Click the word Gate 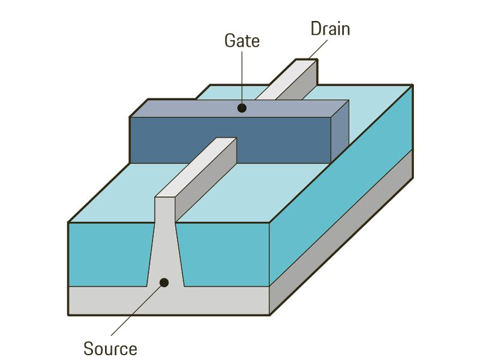[242, 41]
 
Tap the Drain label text [330, 28]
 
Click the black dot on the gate [242, 108]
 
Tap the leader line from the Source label [135, 312]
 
